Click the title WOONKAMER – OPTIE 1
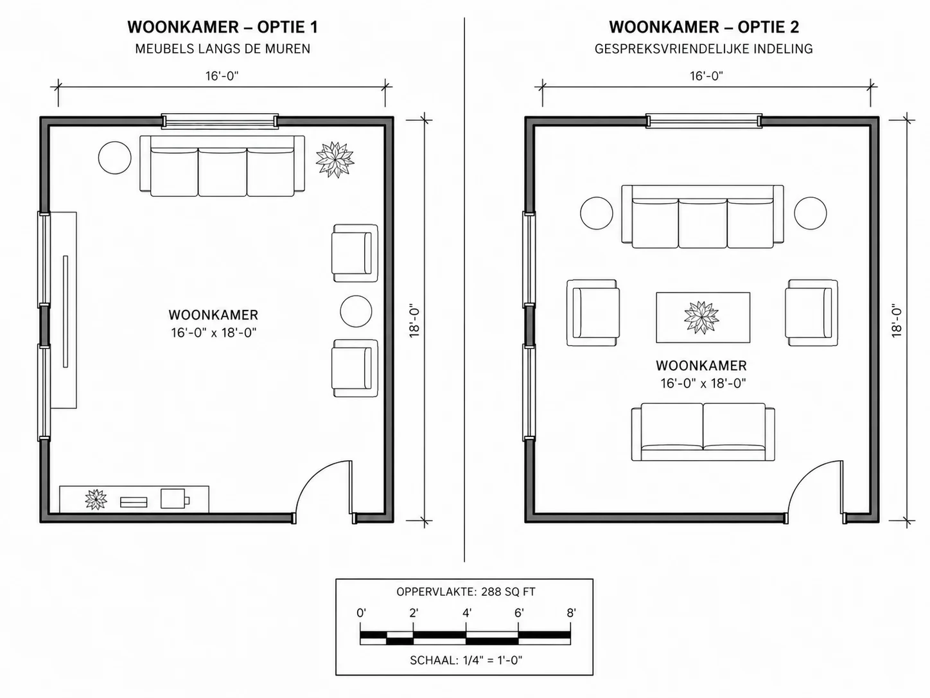point(222,27)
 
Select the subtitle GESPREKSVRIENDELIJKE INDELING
point(704,49)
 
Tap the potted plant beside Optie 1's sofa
point(335,160)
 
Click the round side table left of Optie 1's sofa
point(115,157)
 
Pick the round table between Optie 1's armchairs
point(356,312)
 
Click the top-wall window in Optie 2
point(704,121)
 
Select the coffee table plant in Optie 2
point(701,318)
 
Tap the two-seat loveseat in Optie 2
point(703,432)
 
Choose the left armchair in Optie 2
point(593,313)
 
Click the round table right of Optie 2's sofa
point(810,213)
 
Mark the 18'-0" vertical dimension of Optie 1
point(414,320)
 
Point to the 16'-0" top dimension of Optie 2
point(706,76)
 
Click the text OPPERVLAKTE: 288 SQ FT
point(466,591)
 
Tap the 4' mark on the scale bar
point(466,613)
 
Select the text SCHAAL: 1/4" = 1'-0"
point(466,660)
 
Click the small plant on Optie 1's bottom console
point(96,499)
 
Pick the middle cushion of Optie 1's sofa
point(222,172)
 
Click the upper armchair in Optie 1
point(355,253)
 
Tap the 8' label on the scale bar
point(571,613)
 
